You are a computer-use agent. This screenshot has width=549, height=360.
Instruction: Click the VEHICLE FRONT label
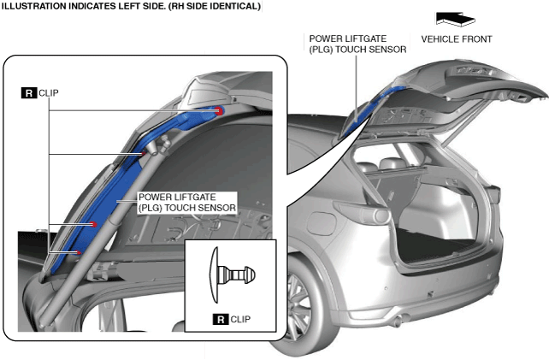click(x=457, y=39)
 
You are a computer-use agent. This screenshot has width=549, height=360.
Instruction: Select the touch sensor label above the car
click(x=357, y=44)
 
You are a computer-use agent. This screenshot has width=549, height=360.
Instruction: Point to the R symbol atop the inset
click(x=28, y=93)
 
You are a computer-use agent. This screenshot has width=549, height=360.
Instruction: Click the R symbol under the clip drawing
click(x=221, y=321)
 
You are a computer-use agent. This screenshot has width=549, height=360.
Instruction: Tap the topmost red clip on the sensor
click(x=219, y=111)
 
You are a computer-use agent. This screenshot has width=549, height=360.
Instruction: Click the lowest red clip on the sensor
click(x=78, y=253)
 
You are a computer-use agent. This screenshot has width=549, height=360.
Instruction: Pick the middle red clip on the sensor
click(x=94, y=223)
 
